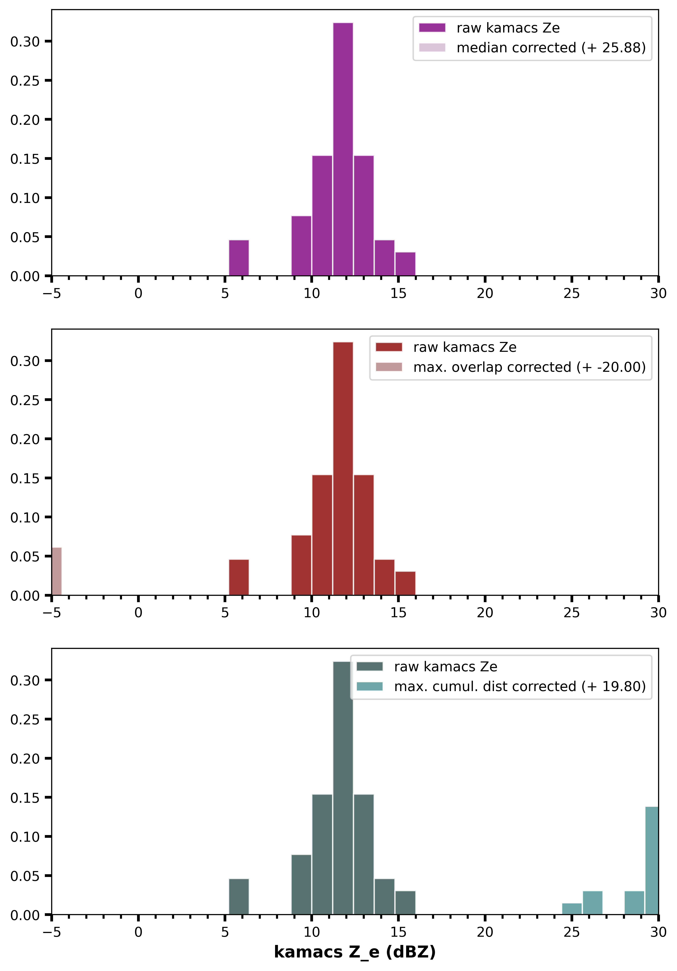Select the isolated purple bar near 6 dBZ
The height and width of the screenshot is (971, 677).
[x=239, y=258]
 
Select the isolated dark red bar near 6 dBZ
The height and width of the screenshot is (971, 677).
[x=239, y=577]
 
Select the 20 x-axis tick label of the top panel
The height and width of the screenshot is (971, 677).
[x=485, y=293]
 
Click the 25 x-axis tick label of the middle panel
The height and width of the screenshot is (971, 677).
[x=571, y=613]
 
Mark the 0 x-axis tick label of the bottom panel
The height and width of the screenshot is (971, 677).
[x=138, y=932]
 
